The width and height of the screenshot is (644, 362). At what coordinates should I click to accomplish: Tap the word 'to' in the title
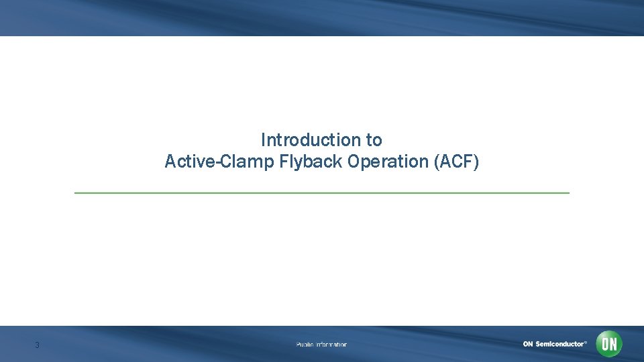374,140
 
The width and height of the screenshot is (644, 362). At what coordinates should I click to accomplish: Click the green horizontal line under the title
322,193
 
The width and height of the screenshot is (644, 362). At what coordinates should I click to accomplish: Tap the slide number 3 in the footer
38,345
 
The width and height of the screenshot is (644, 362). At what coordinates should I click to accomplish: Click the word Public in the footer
305,345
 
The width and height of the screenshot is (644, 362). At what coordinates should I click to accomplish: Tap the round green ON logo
609,344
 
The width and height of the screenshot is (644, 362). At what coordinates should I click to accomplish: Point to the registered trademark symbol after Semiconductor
586,342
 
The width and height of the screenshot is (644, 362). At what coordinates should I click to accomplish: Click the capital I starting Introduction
263,140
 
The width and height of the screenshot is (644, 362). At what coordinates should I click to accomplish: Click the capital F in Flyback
283,162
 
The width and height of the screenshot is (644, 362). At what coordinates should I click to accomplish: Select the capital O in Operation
354,162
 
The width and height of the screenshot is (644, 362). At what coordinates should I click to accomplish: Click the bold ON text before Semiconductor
529,344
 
